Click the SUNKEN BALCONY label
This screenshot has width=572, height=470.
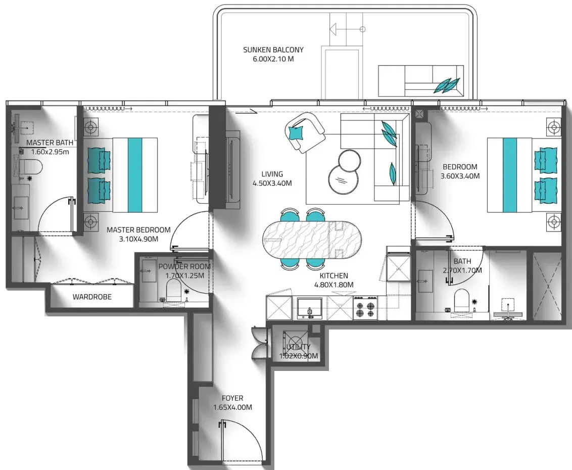tap(273, 50)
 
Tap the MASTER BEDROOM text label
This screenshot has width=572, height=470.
tap(138, 230)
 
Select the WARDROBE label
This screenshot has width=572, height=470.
tap(92, 297)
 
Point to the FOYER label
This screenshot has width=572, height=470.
tap(232, 398)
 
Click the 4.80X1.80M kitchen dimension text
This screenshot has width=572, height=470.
tap(334, 285)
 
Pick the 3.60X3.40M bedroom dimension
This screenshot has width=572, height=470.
tap(460, 176)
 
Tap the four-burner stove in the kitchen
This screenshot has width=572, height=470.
tap(365, 308)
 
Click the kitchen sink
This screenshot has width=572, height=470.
tap(310, 308)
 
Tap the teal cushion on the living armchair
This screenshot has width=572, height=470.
tap(296, 132)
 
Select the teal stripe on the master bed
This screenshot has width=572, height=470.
tap(135, 175)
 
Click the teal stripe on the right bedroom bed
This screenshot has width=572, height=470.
tap(510, 175)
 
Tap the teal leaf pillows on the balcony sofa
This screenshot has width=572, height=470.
tap(448, 85)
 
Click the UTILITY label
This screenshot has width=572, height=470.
tap(299, 347)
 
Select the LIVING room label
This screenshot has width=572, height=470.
tap(272, 174)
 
